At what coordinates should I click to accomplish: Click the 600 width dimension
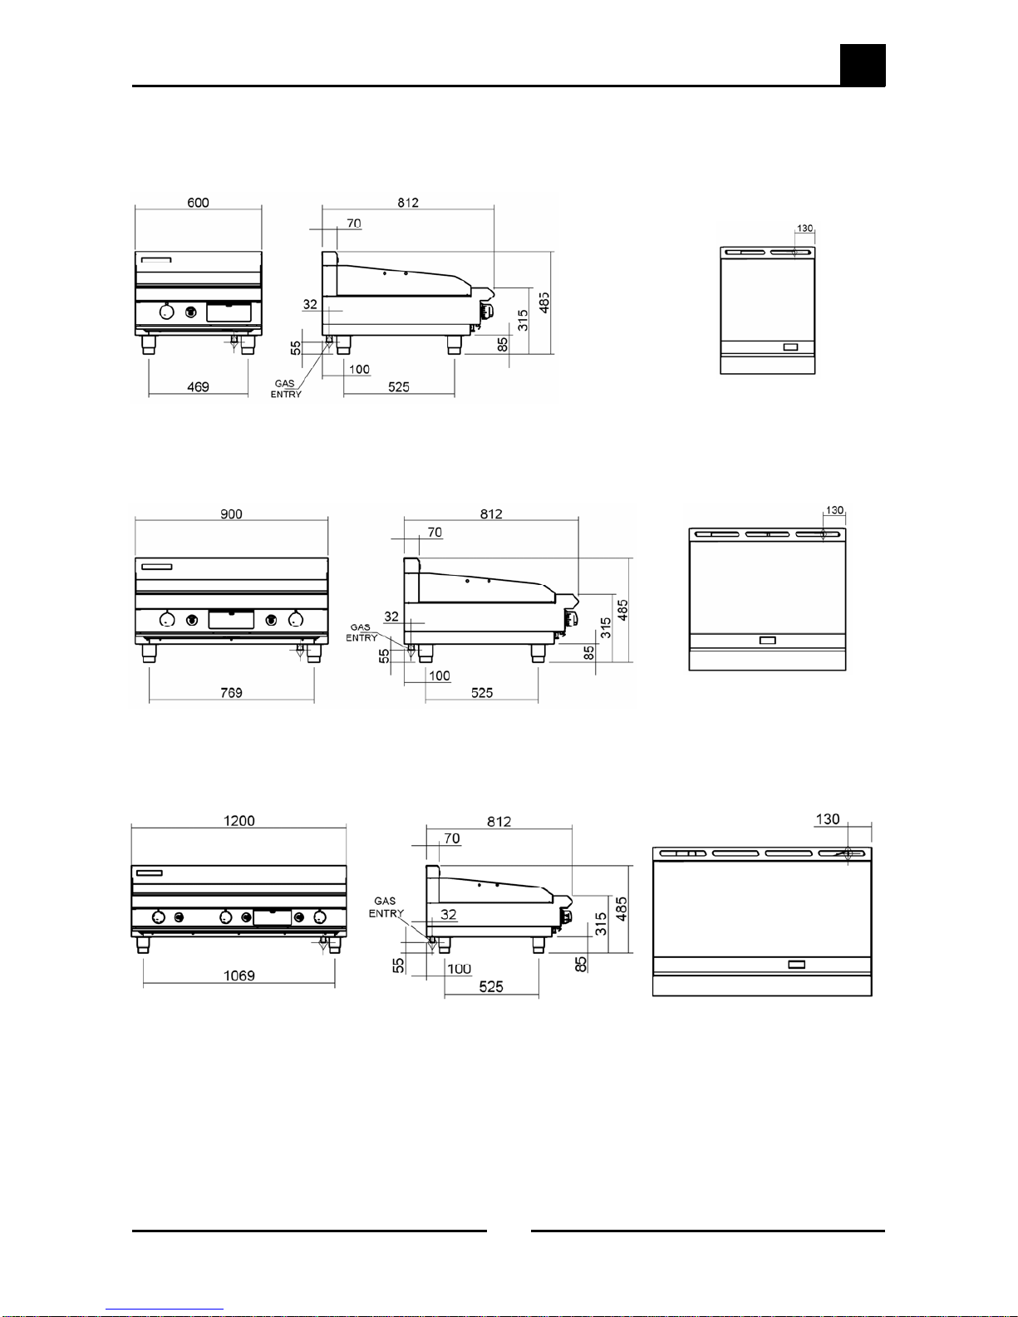pos(198,203)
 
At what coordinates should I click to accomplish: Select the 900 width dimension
pos(231,514)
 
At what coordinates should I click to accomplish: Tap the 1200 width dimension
pos(239,821)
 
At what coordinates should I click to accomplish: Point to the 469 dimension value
pos(198,387)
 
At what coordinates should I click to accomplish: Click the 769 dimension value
pos(231,693)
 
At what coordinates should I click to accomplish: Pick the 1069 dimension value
pos(239,976)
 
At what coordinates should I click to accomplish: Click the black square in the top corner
pos(862,66)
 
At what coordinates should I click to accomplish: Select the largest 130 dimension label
pos(828,819)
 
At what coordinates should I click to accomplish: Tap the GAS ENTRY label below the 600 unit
pos(285,389)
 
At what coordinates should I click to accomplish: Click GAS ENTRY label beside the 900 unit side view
pos(361,632)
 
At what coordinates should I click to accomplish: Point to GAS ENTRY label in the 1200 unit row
pos(386,907)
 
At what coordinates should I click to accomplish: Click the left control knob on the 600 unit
pos(167,312)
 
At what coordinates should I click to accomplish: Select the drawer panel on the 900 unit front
pos(231,619)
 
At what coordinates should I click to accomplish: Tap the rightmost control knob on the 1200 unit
pos(320,916)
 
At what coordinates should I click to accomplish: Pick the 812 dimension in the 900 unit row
pos(490,514)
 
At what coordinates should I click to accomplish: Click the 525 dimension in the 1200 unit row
pos(490,987)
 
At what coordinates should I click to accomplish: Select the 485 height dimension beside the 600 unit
pos(543,303)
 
